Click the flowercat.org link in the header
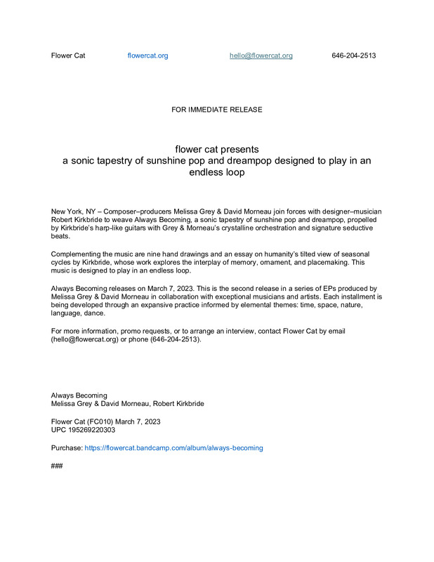pyautogui.click(x=147, y=55)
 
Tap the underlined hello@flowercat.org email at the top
pyautogui.click(x=261, y=55)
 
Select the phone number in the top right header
pyautogui.click(x=353, y=55)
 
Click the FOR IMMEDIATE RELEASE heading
pyautogui.click(x=216, y=110)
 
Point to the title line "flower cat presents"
pyautogui.click(x=216, y=149)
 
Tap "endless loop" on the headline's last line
pyautogui.click(x=216, y=172)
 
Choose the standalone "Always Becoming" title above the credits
pyautogui.click(x=79, y=396)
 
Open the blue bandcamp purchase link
pyautogui.click(x=173, y=447)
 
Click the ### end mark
pyautogui.click(x=58, y=465)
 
